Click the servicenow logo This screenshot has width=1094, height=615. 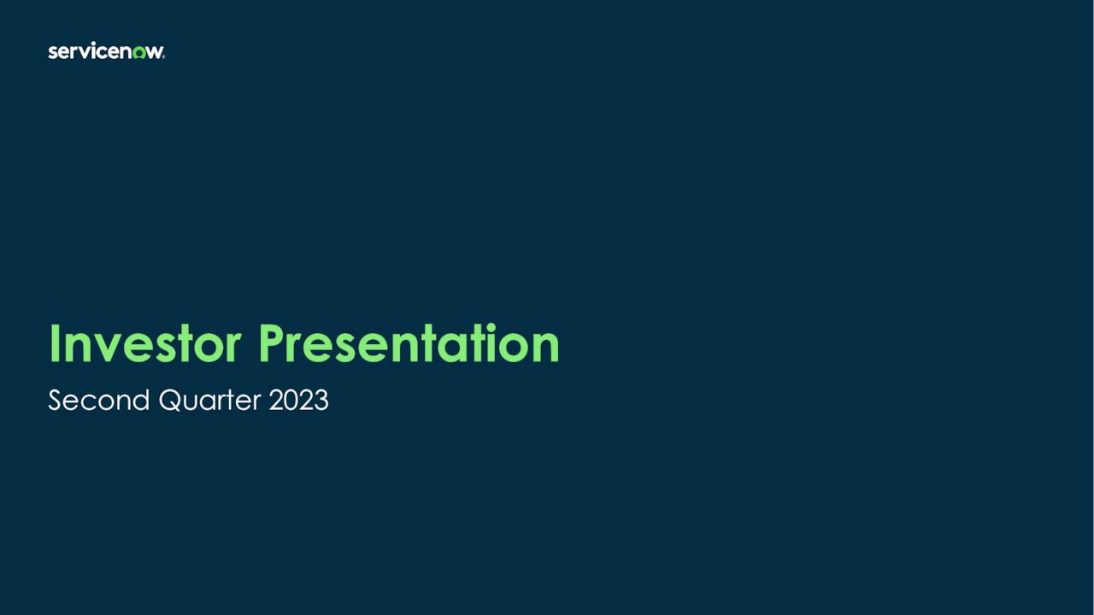click(106, 52)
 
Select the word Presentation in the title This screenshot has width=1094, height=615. click(409, 343)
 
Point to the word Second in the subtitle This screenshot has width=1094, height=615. click(98, 400)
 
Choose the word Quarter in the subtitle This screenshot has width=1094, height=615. click(209, 400)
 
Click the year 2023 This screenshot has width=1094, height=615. click(298, 400)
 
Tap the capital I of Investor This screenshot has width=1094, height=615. click(54, 343)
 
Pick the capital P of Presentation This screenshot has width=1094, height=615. click(273, 343)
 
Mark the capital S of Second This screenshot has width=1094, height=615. click(56, 400)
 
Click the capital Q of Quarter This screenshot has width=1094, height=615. click(169, 400)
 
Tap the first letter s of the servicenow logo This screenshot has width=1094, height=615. click(52, 53)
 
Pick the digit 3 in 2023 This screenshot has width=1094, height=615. click(321, 400)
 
